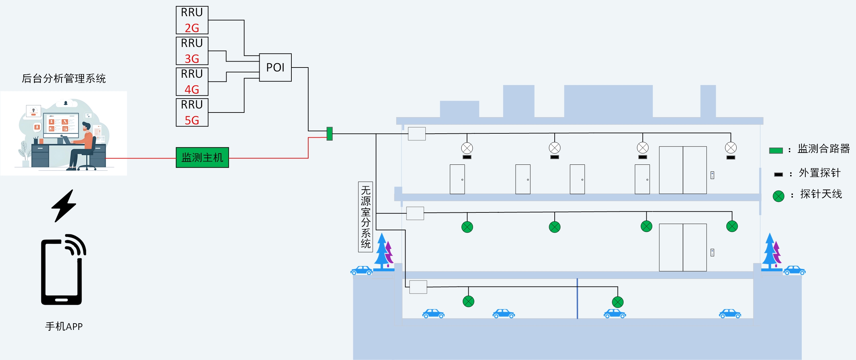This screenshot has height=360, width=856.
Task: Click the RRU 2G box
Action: pos(192,20)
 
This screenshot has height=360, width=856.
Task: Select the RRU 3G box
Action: pos(192,51)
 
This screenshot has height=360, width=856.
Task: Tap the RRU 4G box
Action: pos(192,81)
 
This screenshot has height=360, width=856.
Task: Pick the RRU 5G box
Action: pos(192,112)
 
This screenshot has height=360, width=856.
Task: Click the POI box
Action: pos(275,67)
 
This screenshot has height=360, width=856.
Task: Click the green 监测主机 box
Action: pos(202,157)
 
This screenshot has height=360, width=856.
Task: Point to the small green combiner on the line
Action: pos(329,134)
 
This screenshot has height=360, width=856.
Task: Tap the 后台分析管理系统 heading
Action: pos(64,78)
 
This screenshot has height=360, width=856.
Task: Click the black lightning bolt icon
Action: pos(64,206)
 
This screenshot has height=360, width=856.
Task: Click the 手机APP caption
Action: pos(64,327)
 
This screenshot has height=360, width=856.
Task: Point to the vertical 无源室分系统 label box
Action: pos(365,217)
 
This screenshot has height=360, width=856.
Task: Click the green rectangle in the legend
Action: pos(776,151)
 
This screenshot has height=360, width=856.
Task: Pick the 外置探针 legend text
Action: pos(819,173)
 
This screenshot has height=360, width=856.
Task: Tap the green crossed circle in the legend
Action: pos(778,196)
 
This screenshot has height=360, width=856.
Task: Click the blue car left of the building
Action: pos(362,271)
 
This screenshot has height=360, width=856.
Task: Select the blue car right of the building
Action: pos(794,270)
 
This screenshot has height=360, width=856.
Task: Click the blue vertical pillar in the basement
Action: pos(577,298)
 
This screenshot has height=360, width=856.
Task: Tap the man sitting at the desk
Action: pos(83,146)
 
